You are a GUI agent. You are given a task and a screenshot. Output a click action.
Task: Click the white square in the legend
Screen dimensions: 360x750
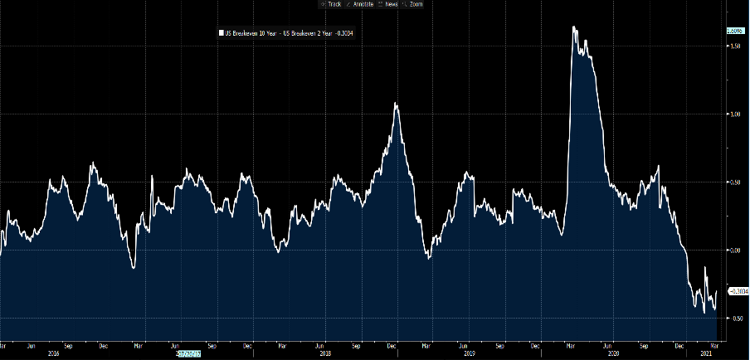click(220, 34)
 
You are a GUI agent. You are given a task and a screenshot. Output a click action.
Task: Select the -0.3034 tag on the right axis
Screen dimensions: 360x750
click(738, 291)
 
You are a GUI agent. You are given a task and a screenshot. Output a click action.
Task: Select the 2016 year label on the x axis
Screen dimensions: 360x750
click(54, 353)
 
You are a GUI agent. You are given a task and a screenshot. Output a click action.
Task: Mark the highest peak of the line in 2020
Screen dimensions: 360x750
click(574, 27)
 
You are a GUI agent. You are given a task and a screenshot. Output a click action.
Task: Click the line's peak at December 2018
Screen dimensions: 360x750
click(397, 104)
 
